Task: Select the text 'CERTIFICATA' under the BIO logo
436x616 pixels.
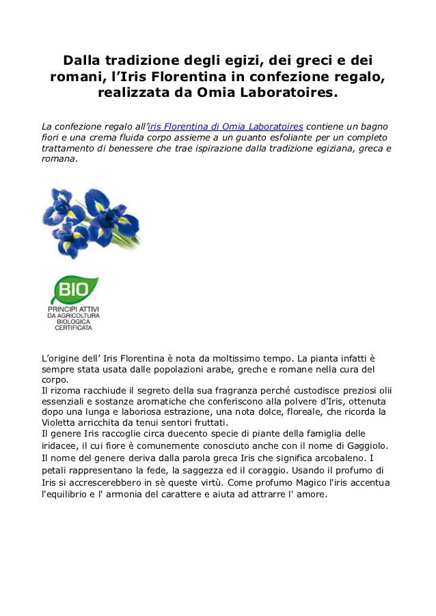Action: [x=73, y=327]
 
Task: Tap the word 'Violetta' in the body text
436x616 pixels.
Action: [x=60, y=423]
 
